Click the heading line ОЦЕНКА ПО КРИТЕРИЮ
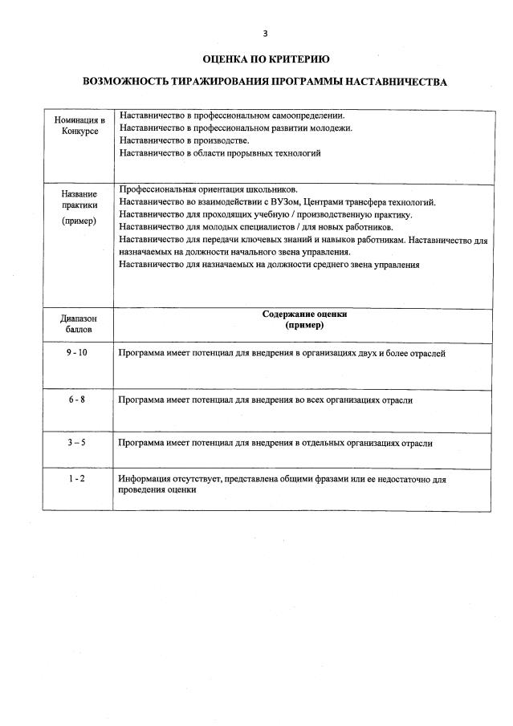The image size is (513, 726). (x=265, y=59)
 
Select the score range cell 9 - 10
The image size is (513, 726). (x=78, y=353)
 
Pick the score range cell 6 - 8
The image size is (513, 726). (x=78, y=400)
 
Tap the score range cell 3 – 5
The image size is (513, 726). (x=78, y=442)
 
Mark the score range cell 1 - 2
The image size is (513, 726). (x=78, y=479)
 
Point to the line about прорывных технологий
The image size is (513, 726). (x=220, y=152)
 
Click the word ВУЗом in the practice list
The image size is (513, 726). (x=278, y=202)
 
